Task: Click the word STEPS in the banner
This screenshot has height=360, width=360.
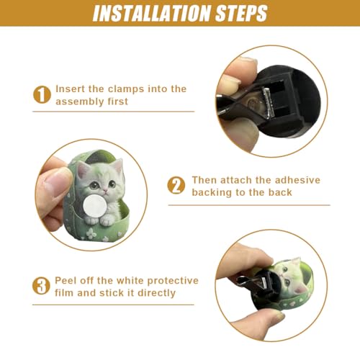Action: pos(242,13)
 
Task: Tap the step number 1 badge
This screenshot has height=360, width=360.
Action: pos(42,95)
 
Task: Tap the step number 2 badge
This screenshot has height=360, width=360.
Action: pos(176,185)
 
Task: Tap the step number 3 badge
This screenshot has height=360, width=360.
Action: pos(41,286)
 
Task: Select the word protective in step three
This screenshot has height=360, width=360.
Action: pos(173,281)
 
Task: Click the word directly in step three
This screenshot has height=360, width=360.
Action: pos(156,293)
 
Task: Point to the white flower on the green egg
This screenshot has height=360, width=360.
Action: pos(91,233)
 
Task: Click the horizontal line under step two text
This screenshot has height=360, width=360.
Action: pos(249,205)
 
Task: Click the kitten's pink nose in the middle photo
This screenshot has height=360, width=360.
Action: pos(105,191)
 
